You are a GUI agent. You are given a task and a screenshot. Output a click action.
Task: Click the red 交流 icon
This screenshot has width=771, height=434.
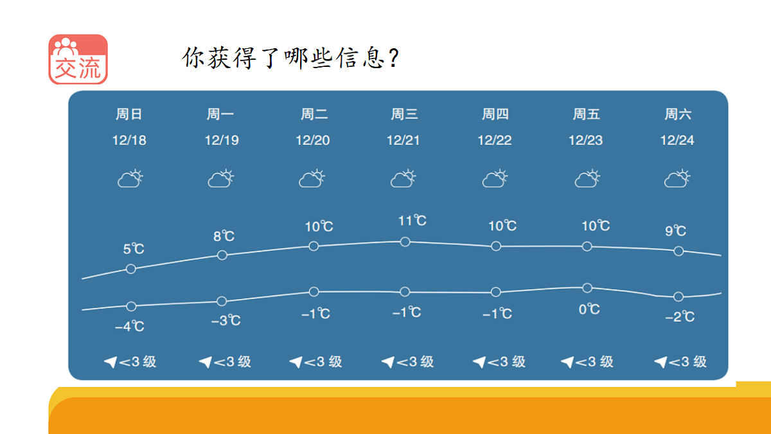click(78, 59)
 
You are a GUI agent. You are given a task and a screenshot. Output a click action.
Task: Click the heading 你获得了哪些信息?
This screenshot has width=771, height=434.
click(292, 59)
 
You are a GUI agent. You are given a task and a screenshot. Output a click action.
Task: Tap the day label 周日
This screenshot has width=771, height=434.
click(128, 114)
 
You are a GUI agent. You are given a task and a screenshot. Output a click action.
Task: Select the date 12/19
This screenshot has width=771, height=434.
click(222, 140)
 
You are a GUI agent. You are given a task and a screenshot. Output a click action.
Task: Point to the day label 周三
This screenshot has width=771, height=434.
click(405, 114)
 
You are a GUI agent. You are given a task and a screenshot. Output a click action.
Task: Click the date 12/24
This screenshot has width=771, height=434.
click(677, 140)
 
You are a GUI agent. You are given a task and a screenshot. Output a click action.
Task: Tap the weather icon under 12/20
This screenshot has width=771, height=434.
click(313, 178)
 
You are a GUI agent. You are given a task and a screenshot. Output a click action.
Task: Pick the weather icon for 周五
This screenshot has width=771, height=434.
click(587, 178)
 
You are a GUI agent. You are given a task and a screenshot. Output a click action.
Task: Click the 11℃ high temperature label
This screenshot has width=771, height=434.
click(412, 221)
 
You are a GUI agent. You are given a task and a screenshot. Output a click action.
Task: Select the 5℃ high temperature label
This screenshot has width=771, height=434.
click(134, 249)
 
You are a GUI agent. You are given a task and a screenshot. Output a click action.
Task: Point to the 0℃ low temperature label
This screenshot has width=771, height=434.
click(589, 309)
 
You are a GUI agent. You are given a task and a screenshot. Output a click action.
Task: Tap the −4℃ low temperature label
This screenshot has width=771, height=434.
click(129, 327)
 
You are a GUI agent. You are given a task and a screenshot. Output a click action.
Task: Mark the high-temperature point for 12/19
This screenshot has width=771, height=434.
click(222, 255)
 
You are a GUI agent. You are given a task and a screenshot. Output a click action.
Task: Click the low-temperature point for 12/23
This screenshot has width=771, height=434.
click(587, 287)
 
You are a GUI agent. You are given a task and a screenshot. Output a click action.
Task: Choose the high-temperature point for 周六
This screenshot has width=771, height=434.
click(678, 251)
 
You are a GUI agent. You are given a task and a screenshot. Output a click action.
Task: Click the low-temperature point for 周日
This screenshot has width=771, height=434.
click(131, 306)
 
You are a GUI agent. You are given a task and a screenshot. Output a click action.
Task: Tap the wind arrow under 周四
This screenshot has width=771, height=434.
click(479, 363)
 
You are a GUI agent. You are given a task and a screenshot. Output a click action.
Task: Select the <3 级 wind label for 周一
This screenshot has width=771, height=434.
click(232, 362)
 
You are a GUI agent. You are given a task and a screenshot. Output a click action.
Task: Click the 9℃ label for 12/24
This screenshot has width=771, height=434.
click(675, 231)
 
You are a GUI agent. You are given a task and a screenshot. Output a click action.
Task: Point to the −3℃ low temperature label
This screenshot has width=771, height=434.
click(226, 320)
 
